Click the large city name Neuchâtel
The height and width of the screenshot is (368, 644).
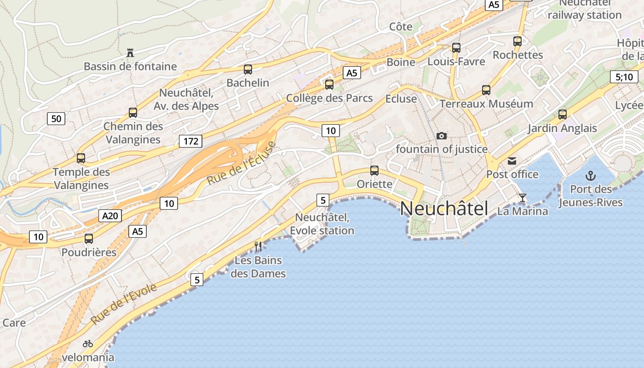point(443,208)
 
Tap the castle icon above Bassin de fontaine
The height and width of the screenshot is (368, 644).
point(130,53)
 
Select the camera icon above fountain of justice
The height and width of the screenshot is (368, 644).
point(442,136)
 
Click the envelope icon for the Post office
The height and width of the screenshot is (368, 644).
point(512,161)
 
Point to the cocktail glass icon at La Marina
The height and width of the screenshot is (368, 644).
point(523,198)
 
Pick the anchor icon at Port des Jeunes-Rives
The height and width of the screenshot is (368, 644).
point(590,175)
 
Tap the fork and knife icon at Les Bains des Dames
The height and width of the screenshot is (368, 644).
point(258,247)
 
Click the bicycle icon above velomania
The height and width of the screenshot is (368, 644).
point(88,344)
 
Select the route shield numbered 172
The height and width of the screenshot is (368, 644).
point(190,141)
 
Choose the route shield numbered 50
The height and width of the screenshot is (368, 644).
point(56,119)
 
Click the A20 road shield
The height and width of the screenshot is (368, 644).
point(110,216)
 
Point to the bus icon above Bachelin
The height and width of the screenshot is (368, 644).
point(248,69)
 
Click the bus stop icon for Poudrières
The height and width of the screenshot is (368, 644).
point(89,239)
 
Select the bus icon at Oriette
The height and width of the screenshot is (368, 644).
point(374,171)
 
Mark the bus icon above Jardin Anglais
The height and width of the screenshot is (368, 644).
point(562,115)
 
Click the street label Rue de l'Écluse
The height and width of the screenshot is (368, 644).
point(241,163)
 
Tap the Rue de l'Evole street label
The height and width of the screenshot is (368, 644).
point(124,304)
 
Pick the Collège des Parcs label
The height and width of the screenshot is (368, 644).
point(329,98)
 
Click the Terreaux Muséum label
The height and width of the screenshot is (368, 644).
point(486,104)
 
